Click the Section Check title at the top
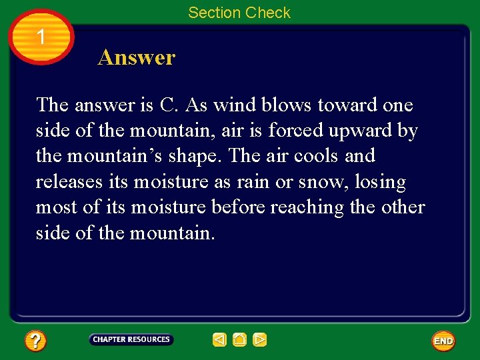pyautogui.click(x=239, y=13)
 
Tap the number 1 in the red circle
pyautogui.click(x=41, y=37)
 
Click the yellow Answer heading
pyautogui.click(x=136, y=57)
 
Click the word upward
pyautogui.click(x=363, y=131)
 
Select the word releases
pyautogui.click(x=69, y=182)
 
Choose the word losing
pyautogui.click(x=382, y=182)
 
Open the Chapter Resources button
pyautogui.click(x=131, y=340)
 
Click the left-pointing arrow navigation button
pyautogui.click(x=219, y=340)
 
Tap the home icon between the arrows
pyautogui.click(x=239, y=340)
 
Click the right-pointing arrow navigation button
pyautogui.click(x=259, y=340)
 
